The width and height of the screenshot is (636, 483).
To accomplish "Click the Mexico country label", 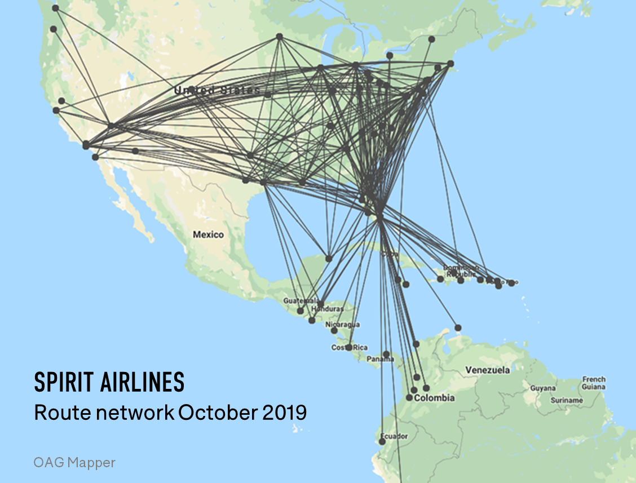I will [x=208, y=234].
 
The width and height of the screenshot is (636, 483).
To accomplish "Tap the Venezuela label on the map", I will [x=487, y=370].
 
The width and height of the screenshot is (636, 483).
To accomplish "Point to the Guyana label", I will [x=542, y=388].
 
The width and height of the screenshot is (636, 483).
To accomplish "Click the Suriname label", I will [x=566, y=400].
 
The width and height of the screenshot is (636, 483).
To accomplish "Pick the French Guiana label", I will [x=594, y=383].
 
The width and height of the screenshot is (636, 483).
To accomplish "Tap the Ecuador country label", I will [x=394, y=436].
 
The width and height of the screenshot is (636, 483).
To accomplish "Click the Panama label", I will [x=380, y=359].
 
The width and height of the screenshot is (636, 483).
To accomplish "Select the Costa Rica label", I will [x=350, y=348].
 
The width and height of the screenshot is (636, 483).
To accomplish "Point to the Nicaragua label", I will [x=342, y=325].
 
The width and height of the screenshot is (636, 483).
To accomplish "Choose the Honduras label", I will [x=330, y=309].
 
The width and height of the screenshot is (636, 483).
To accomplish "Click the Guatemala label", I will [x=297, y=300].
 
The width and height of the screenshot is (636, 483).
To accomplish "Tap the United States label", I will [x=217, y=90].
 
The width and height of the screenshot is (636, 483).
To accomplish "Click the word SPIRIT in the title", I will [x=64, y=383].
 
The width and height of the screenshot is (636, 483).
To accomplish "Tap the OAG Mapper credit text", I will [x=74, y=463].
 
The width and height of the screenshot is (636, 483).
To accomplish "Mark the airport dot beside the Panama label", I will [x=386, y=355].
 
